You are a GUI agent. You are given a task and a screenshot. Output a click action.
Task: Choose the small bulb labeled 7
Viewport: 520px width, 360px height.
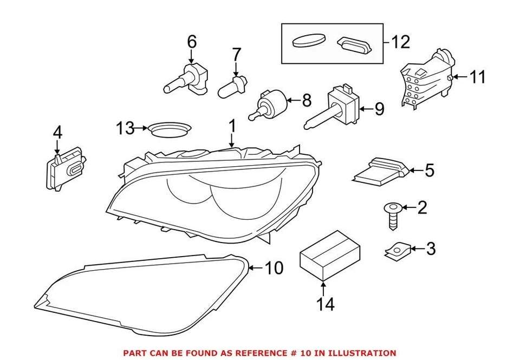pos(232,87)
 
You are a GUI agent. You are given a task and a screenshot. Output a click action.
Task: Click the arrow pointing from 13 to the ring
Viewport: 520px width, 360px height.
pos(142,128)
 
